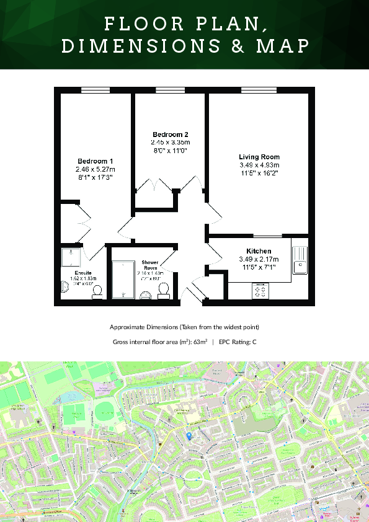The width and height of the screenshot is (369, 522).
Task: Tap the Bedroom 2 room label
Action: pos(170,135)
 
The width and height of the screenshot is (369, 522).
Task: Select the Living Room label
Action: pos(259,157)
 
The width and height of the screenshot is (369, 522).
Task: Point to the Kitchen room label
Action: pos(259,251)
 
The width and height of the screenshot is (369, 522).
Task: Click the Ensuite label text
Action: pos(83,273)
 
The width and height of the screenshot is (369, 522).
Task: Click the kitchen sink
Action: pos(299,257)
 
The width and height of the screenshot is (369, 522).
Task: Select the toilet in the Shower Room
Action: pos(164,290)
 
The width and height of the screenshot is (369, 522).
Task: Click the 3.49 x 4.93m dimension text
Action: pos(259,166)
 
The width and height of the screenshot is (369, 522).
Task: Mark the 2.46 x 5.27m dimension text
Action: pos(95,169)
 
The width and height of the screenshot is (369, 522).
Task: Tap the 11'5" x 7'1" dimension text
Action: pos(259,267)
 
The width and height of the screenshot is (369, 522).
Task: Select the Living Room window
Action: pos(258,91)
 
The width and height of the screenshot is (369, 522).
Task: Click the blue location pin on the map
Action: pos(189,436)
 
